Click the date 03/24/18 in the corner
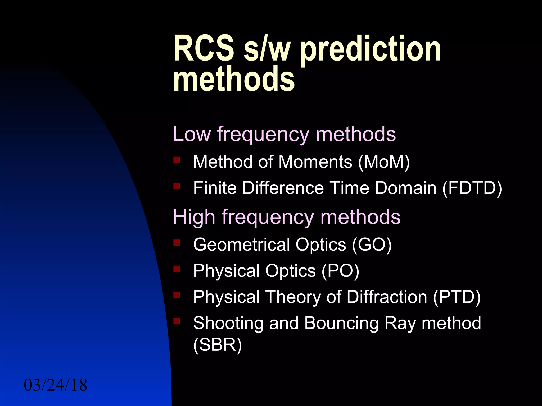(55, 385)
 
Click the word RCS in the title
(204, 49)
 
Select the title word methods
(234, 79)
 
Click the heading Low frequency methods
(284, 134)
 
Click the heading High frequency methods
(287, 217)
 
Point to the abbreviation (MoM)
(384, 162)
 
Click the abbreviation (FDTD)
(472, 188)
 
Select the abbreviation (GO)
(372, 244)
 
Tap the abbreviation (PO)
(340, 271)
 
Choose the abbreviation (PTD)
(457, 297)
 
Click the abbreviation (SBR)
(218, 345)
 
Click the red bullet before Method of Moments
(177, 160)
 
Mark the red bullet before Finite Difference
(177, 186)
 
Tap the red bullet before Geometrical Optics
(177, 242)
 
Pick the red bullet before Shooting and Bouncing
(177, 321)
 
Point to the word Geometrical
(242, 244)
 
